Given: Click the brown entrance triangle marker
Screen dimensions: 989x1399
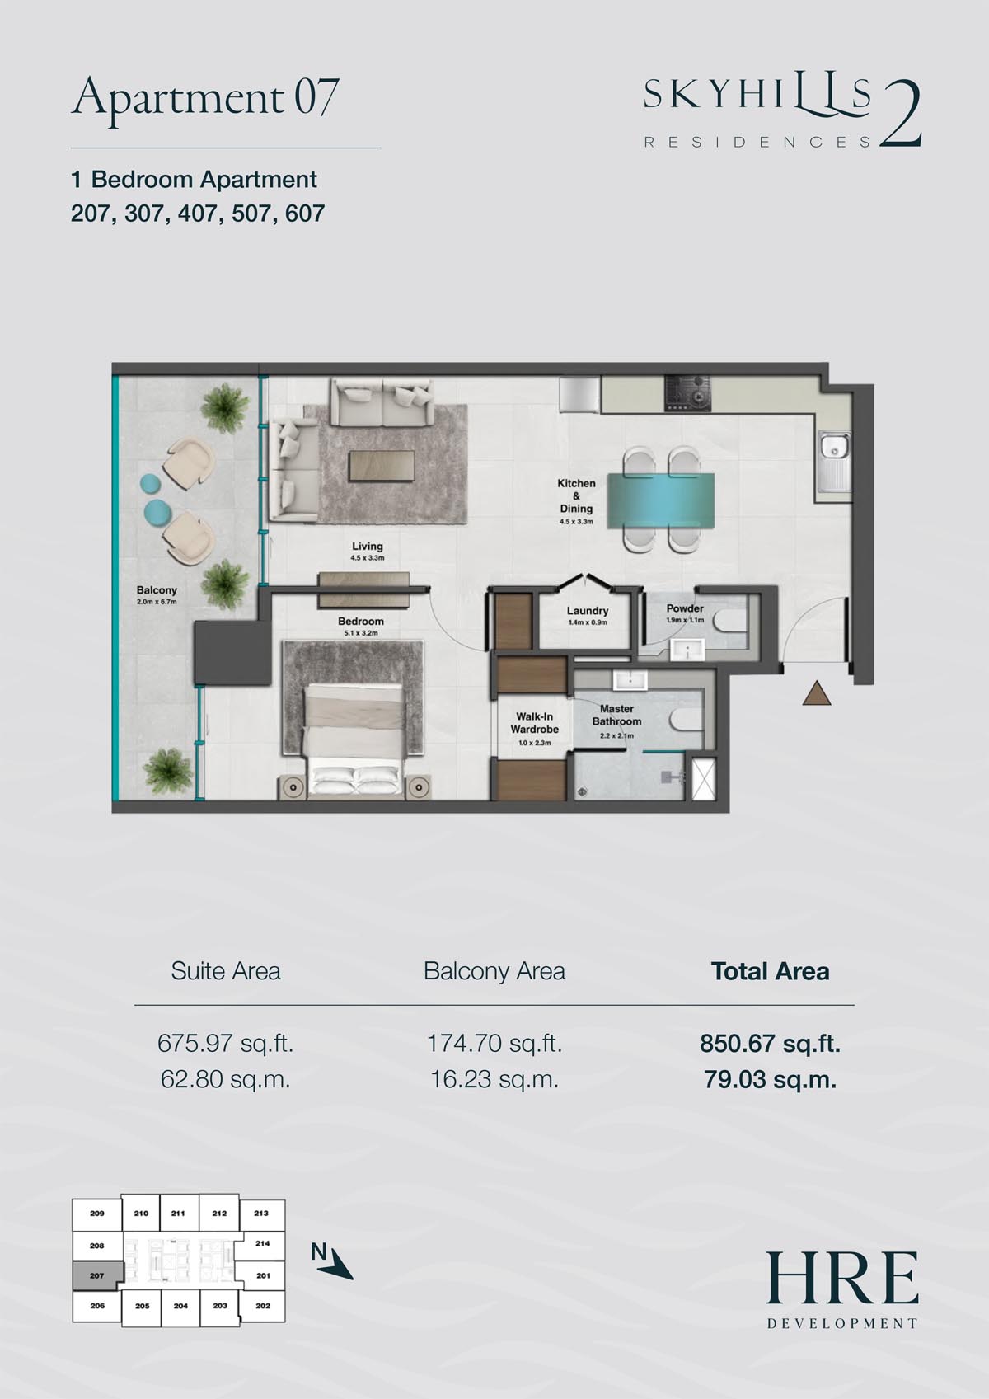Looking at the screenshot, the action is (816, 694).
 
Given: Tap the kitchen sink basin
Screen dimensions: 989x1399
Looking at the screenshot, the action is (832, 446).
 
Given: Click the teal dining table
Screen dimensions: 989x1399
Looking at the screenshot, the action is (661, 501).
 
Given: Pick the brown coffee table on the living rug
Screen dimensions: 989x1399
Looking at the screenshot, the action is (382, 466).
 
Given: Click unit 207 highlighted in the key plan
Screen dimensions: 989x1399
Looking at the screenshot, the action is (96, 1275).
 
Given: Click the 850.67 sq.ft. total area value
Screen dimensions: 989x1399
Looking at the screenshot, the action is (770, 1043).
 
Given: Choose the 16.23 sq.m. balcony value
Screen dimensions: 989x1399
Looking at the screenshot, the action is (494, 1079).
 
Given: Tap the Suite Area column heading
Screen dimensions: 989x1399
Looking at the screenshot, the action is (226, 971).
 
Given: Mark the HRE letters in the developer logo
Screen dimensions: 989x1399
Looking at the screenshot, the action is (842, 1278).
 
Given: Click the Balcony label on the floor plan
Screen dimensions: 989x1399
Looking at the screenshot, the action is (157, 590).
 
